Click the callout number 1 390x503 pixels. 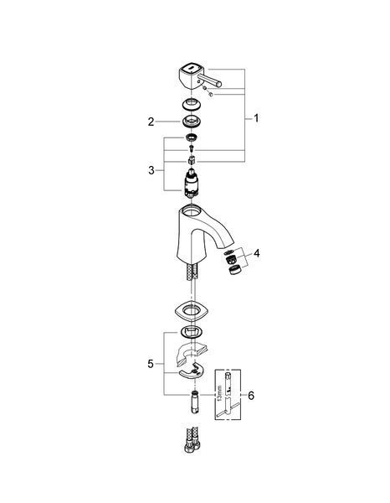pyautogui.click(x=256, y=118)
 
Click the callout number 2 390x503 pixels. pyautogui.click(x=151, y=122)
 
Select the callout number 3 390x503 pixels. pyautogui.click(x=151, y=170)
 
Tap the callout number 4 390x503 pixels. pyautogui.click(x=256, y=253)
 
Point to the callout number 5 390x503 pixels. pyautogui.click(x=151, y=364)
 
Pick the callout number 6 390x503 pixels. pyautogui.click(x=251, y=396)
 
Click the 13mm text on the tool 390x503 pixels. pyautogui.click(x=219, y=393)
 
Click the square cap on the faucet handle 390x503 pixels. pyautogui.click(x=189, y=69)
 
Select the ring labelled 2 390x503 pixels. pyautogui.click(x=191, y=121)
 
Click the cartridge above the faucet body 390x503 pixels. pyautogui.click(x=191, y=183)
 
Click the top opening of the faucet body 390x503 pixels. pyautogui.click(x=191, y=211)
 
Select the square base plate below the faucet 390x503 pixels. pyautogui.click(x=192, y=310)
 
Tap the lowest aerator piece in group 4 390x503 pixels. pyautogui.click(x=234, y=270)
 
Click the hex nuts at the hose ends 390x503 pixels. pyautogui.click(x=192, y=446)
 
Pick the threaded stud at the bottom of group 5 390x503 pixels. pyautogui.click(x=194, y=402)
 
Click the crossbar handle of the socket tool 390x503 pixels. pyautogui.click(x=228, y=410)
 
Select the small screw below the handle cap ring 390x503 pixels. pyautogui.click(x=192, y=148)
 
